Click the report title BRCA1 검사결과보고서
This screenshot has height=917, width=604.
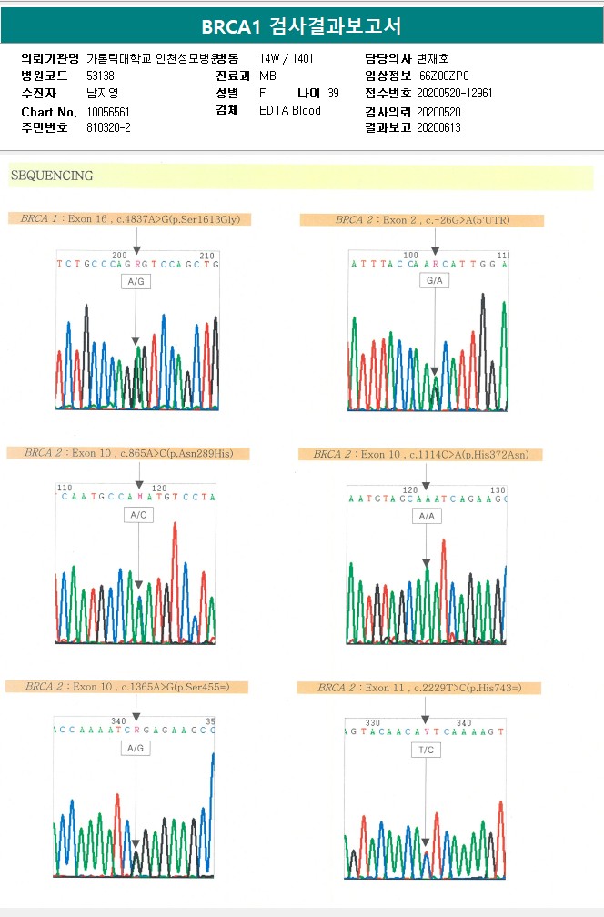301,26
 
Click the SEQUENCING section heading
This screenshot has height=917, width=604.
52,176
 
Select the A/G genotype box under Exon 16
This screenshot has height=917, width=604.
136,282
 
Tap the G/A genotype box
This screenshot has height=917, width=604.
434,281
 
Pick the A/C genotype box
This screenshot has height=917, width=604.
138,515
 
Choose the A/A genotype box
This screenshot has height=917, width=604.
426,516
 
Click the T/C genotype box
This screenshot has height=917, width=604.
425,750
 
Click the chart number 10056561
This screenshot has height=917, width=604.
108,111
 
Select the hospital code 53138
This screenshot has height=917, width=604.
100,76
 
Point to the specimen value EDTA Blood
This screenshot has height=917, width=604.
290,111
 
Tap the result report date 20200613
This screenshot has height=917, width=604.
438,128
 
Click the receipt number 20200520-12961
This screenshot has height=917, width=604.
455,93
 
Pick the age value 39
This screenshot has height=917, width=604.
333,93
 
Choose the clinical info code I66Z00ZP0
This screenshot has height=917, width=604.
443,76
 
